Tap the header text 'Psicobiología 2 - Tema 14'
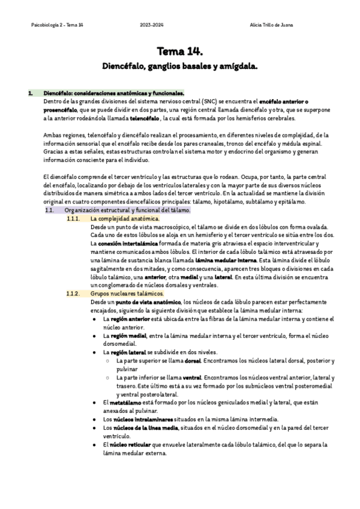[57, 25]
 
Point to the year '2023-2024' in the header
[152, 25]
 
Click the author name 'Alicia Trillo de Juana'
[271, 25]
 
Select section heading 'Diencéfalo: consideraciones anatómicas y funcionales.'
[113, 94]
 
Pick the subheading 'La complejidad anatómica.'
[125, 219]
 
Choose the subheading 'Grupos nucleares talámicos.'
[127, 294]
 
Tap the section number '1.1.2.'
[73, 294]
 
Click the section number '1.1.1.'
[73, 219]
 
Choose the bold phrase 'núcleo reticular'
[130, 445]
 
